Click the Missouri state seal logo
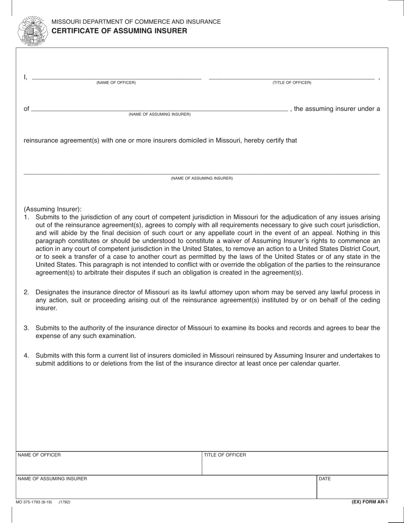point(33,31)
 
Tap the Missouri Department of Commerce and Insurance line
point(136,22)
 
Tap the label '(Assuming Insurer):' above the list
point(52,209)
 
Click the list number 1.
point(26,217)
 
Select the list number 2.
point(26,292)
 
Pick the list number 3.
point(26,328)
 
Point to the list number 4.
point(26,355)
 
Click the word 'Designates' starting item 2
point(51,292)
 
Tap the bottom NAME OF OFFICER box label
point(39,455)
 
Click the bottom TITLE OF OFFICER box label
point(225,455)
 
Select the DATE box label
point(324,479)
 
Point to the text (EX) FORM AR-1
point(370,502)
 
